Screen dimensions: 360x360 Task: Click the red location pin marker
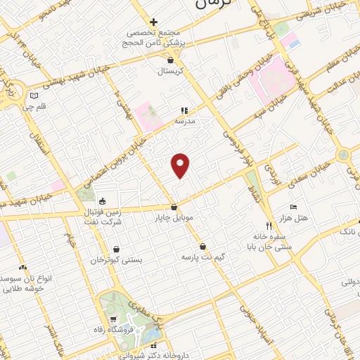click(181, 165)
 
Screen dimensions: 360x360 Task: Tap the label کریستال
click(169, 72)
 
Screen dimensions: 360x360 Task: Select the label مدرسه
click(184, 121)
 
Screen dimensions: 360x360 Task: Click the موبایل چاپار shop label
click(174, 218)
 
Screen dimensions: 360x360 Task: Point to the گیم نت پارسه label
click(203, 257)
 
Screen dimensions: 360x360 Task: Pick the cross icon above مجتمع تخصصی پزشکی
click(153, 22)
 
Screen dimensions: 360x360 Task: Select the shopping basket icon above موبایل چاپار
click(174, 207)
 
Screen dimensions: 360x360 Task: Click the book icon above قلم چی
click(34, 96)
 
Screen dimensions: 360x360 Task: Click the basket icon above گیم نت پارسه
click(203, 247)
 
